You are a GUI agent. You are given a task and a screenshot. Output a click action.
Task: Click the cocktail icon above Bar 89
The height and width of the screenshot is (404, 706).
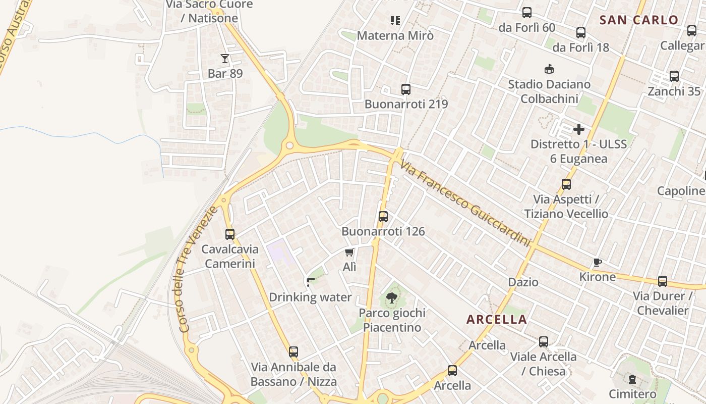click(225, 59)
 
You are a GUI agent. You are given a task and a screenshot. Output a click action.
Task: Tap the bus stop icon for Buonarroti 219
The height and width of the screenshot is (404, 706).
click(406, 89)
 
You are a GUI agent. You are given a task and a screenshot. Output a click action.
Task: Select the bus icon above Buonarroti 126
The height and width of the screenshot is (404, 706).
click(383, 217)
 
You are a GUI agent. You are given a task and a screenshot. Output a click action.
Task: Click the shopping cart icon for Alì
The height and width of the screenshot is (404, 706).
click(349, 252)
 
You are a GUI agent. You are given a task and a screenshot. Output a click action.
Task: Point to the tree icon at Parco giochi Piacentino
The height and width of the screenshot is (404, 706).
click(392, 297)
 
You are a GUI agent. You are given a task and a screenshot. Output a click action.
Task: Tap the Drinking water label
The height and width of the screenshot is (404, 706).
click(310, 297)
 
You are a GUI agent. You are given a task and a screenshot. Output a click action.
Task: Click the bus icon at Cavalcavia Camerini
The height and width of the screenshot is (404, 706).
click(230, 234)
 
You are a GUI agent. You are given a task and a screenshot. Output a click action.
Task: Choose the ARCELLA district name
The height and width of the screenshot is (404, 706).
click(496, 319)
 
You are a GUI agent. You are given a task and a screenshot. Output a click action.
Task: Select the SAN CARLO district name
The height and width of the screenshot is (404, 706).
click(639, 20)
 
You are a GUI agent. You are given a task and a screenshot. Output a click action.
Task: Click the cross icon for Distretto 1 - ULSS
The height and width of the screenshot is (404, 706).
click(579, 129)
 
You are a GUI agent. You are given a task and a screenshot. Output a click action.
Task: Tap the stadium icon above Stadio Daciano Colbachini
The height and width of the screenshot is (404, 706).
click(549, 69)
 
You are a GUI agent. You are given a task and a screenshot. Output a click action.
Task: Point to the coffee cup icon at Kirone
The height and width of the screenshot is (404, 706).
click(598, 262)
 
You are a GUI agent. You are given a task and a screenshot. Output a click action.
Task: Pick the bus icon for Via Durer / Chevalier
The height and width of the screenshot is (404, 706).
click(663, 281)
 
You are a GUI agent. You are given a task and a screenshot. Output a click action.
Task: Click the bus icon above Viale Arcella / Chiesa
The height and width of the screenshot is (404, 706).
click(544, 342)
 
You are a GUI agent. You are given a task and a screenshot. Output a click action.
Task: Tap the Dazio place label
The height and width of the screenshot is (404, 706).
click(523, 282)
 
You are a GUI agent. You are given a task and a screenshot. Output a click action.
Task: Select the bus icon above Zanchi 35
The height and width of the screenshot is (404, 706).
click(674, 76)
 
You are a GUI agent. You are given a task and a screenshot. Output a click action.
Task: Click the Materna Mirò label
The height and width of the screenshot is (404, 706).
click(395, 35)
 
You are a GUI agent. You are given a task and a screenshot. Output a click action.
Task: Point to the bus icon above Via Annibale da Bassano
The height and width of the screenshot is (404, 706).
click(293, 352)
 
